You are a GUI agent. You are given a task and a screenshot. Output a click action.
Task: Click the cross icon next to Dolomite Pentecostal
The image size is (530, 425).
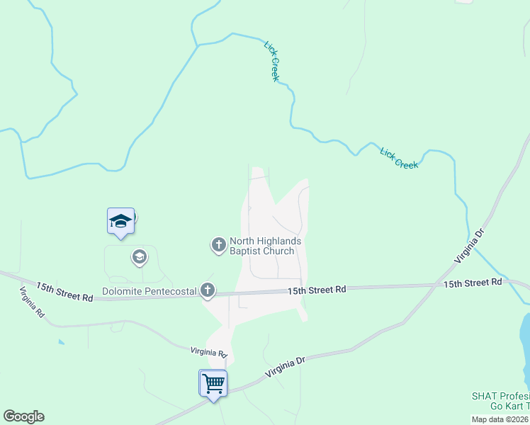[207, 290]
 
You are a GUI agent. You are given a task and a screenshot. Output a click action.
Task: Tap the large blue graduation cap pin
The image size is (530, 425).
[120, 222]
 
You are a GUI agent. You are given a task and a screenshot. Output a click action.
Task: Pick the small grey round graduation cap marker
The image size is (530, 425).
[140, 256]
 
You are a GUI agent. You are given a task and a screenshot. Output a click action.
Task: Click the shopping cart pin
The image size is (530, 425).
[213, 384]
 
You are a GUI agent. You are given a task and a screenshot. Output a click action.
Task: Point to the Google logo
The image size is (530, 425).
[23, 416]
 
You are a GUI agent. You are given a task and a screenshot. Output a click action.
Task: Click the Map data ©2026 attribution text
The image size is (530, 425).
[500, 419]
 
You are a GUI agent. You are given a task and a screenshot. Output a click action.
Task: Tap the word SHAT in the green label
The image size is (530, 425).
[483, 395]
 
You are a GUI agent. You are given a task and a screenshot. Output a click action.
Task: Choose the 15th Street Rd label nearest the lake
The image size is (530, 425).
[473, 283]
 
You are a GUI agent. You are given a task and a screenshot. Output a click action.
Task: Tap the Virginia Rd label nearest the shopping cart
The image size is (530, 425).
[208, 352]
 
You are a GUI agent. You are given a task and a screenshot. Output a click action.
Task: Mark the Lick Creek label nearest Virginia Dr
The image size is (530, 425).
[399, 158]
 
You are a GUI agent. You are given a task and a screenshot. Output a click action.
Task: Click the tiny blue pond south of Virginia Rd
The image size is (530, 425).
[60, 342]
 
